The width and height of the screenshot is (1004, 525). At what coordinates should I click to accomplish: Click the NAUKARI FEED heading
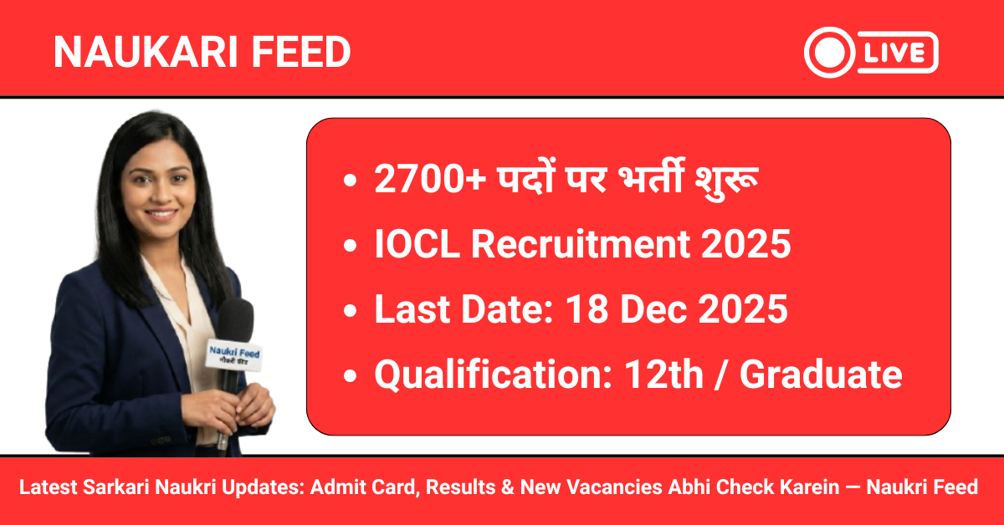[x=202, y=53]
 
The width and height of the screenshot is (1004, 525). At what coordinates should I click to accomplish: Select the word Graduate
[x=821, y=375]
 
